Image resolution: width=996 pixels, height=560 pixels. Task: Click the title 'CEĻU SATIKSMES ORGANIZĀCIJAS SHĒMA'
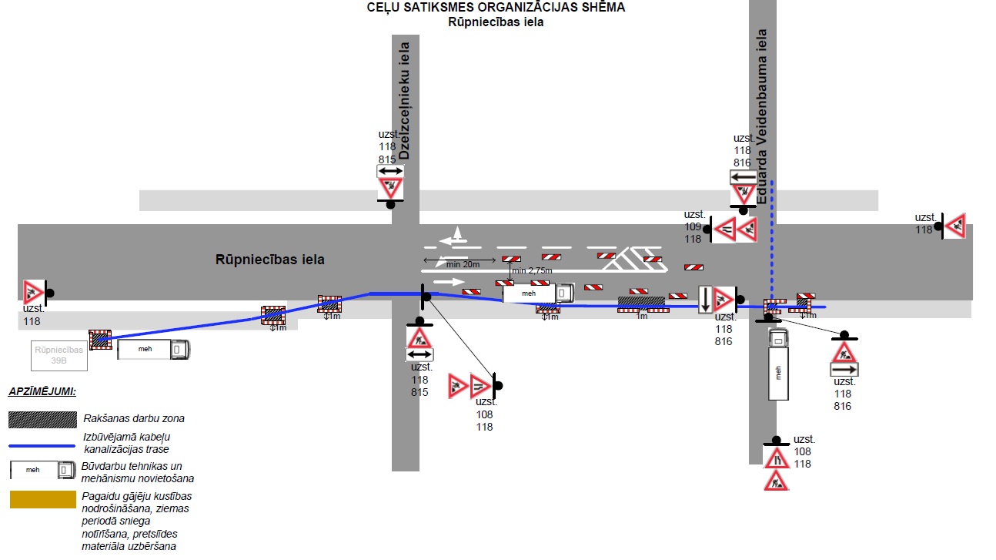tap(496, 7)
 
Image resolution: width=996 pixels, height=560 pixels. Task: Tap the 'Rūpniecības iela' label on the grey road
tap(270, 260)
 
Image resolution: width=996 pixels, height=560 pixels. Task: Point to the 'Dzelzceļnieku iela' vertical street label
tap(404, 101)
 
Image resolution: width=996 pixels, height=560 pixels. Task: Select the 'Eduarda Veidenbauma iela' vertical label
tap(762, 116)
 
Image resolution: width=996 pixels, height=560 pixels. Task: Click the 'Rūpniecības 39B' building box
tap(59, 356)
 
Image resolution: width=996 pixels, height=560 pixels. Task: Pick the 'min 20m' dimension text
tap(463, 264)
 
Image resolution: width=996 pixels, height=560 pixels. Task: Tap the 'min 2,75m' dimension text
tap(532, 270)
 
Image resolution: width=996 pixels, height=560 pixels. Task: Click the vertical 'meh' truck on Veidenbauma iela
tap(778, 364)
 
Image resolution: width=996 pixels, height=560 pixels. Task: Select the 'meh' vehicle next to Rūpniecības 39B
tap(153, 350)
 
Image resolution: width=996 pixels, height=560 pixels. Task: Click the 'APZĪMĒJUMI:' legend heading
tap(42, 392)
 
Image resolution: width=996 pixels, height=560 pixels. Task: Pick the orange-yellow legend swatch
tap(42, 499)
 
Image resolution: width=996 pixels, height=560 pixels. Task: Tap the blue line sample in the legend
tap(42, 445)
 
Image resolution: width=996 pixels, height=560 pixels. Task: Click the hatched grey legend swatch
tap(42, 420)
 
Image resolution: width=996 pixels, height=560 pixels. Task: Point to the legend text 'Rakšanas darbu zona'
tap(134, 418)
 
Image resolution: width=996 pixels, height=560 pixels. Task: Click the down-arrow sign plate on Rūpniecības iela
tap(705, 300)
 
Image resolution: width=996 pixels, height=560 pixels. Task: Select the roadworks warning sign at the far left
tap(34, 293)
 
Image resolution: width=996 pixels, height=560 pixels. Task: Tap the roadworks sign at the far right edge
tap(954, 226)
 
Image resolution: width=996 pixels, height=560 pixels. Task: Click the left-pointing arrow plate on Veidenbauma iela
tap(744, 177)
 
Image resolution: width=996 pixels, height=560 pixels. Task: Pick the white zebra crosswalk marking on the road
tap(635, 259)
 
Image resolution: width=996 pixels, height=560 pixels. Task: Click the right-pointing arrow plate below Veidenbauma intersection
tap(844, 370)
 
